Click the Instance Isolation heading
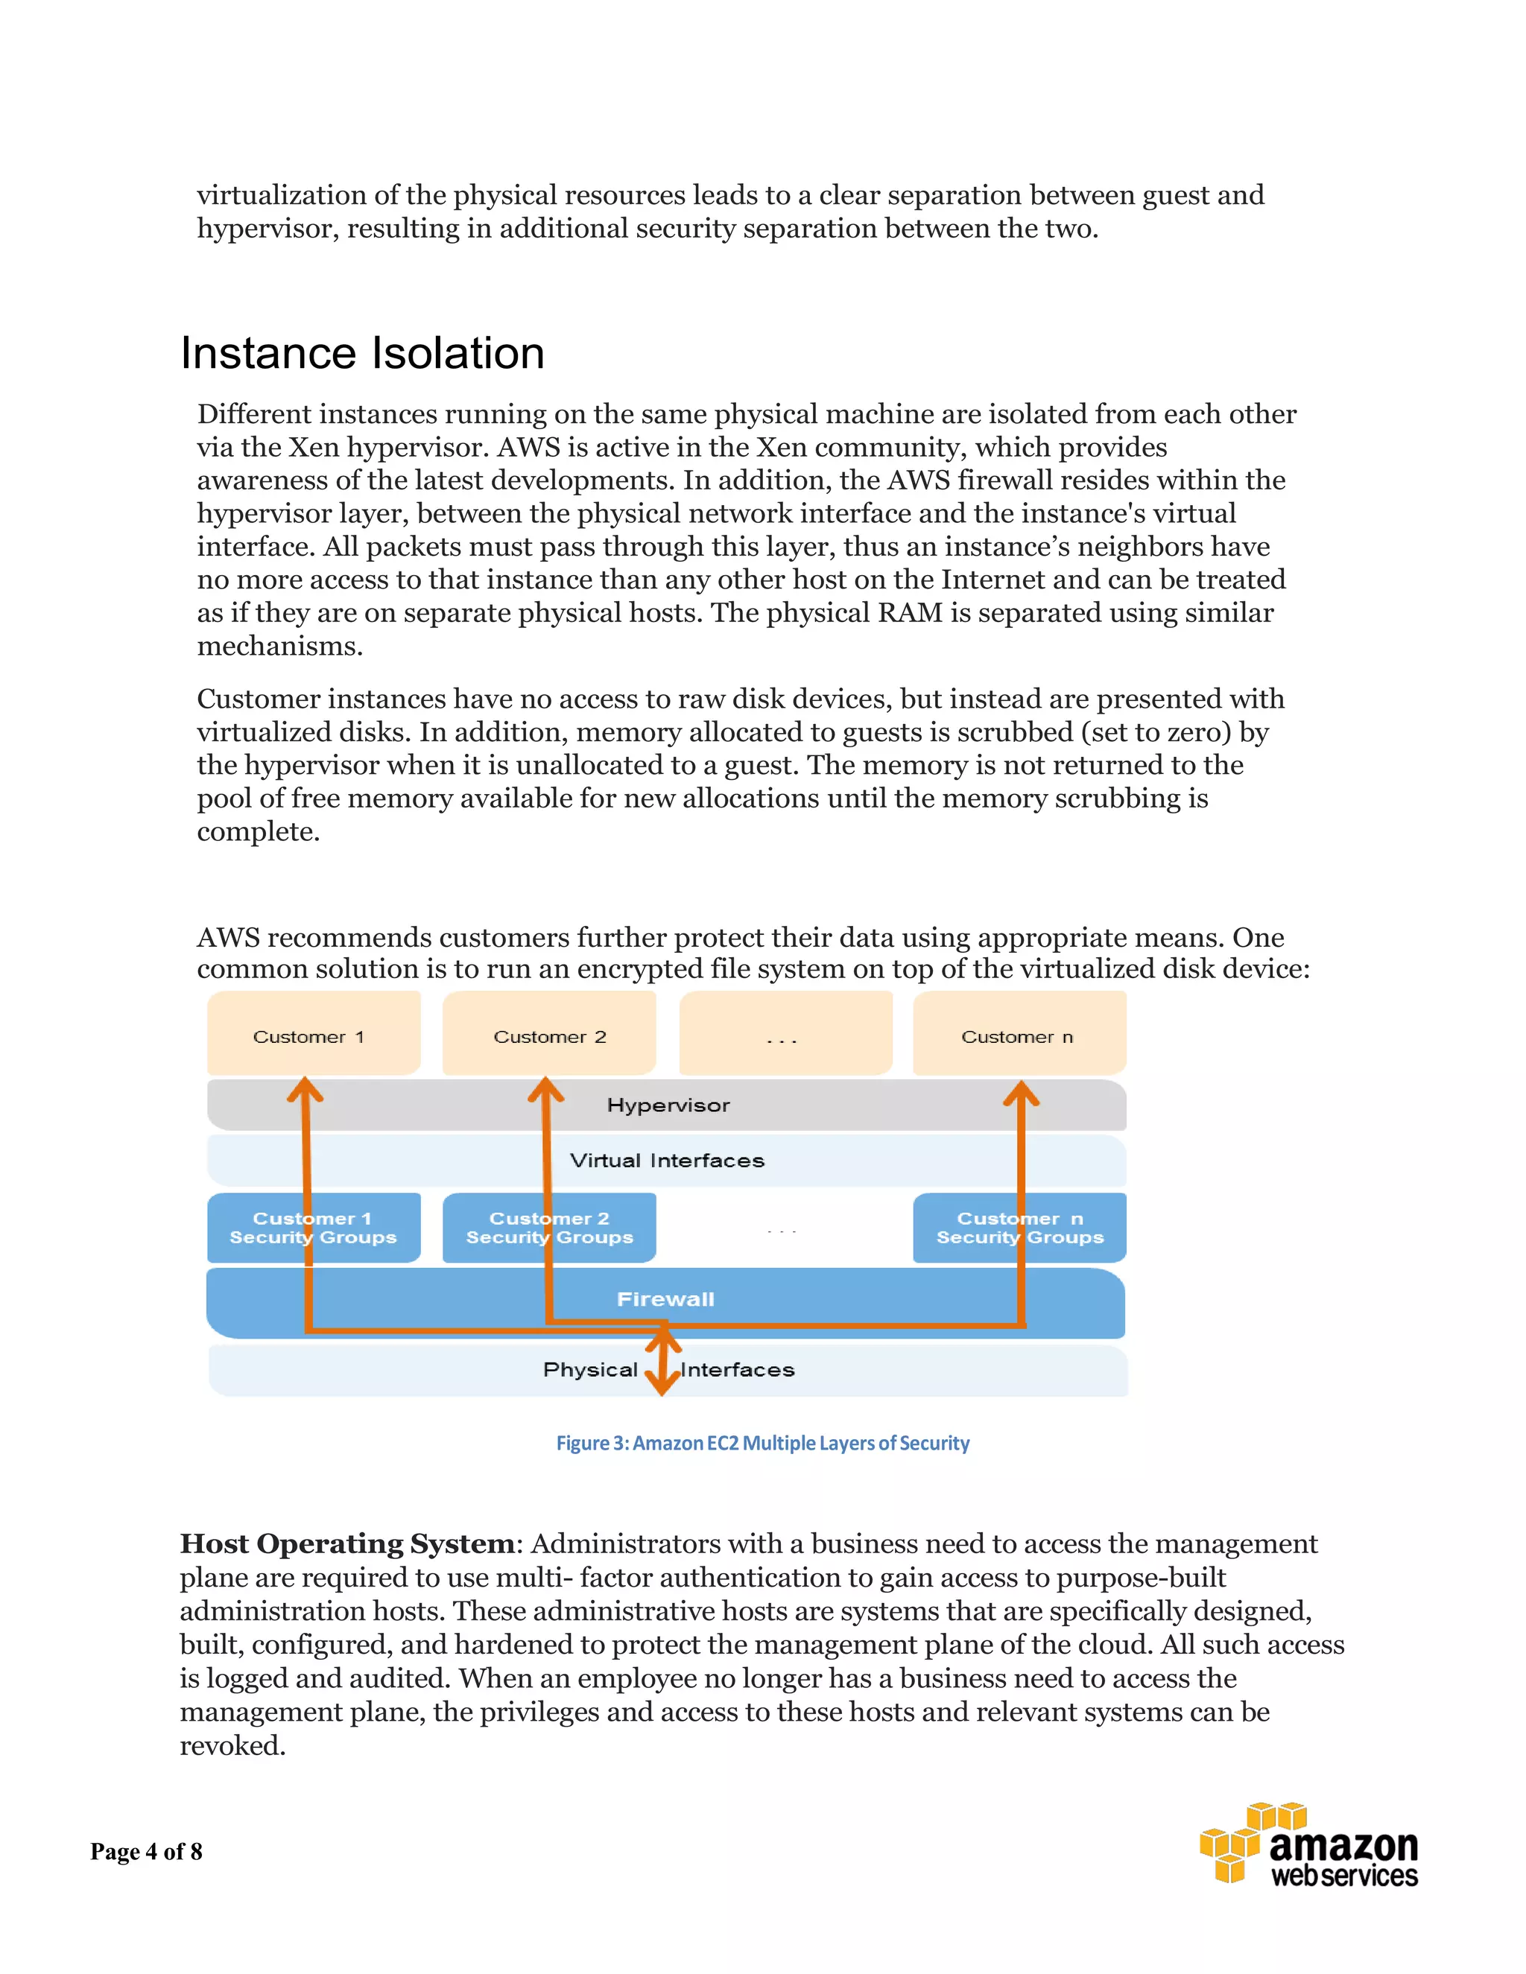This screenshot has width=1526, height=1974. tap(363, 353)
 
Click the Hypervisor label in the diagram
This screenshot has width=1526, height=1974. tap(668, 1105)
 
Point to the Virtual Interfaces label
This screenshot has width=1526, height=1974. tap(667, 1161)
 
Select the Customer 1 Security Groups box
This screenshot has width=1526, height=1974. tap(313, 1228)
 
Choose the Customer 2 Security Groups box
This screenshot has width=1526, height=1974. tap(548, 1228)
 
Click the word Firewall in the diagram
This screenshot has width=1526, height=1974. tap(665, 1300)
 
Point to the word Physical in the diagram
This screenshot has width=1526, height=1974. tap(590, 1370)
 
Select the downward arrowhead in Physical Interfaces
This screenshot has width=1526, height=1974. tap(662, 1385)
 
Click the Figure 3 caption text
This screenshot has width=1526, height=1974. tap(762, 1444)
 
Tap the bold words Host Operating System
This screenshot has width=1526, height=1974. tap(347, 1543)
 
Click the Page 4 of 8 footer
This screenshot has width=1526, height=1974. tap(147, 1852)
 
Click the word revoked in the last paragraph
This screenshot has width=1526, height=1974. tap(232, 1745)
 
